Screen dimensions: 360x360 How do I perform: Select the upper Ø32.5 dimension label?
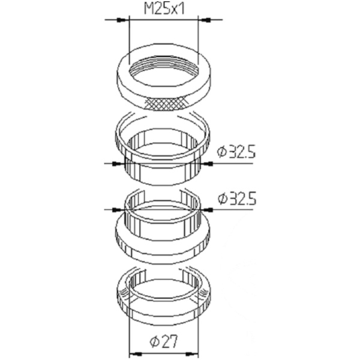236,152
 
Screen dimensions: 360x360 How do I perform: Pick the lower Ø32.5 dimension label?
236,199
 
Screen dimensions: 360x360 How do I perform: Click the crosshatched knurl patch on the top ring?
166,104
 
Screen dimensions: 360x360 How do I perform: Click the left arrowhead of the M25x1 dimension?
124,20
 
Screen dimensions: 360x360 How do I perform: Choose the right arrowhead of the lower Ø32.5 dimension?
208,209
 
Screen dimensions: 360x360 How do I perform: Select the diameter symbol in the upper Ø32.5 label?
222,152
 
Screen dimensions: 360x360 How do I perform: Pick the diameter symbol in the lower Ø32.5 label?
222,199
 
